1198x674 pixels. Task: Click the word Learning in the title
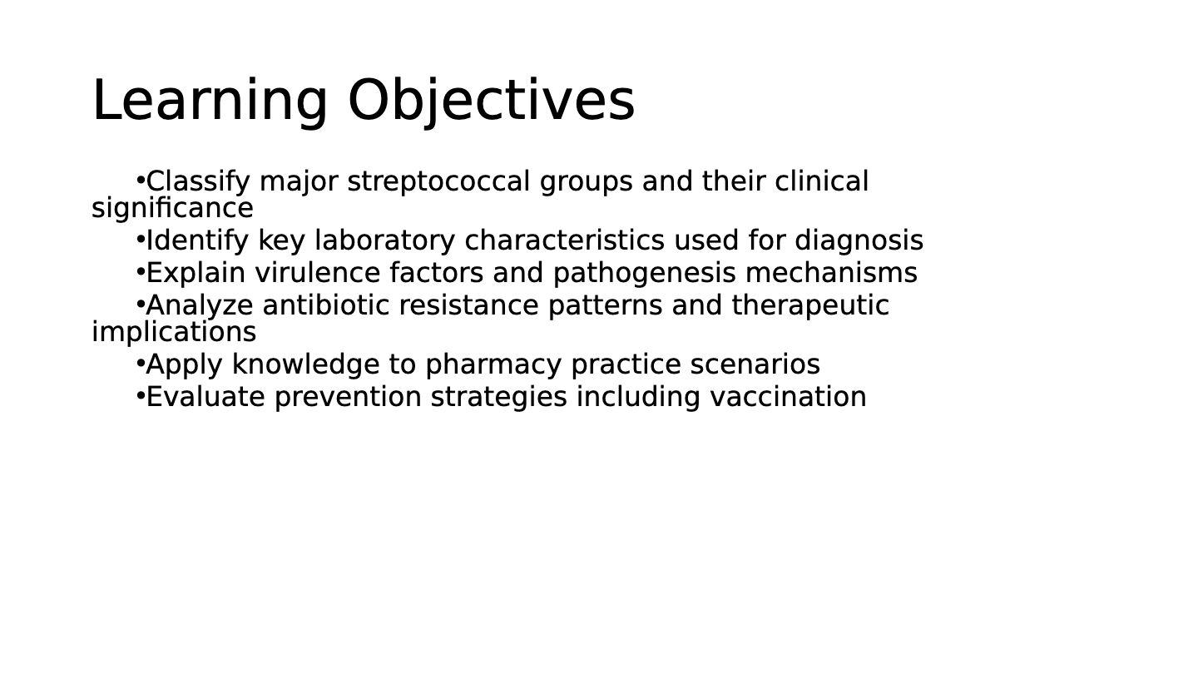pos(210,102)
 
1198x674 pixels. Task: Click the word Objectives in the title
pos(491,102)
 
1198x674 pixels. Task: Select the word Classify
pos(198,182)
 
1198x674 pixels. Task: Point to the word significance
pos(172,209)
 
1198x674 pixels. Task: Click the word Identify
pos(197,241)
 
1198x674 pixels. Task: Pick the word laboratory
pos(384,241)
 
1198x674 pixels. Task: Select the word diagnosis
pos(859,241)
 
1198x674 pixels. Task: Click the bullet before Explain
pos(141,273)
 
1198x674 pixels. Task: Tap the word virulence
pos(317,273)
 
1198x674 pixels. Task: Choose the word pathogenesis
pos(644,274)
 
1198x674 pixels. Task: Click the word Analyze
pos(200,306)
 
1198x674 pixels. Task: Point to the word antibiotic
pos(326,305)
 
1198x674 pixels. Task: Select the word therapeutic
pos(810,306)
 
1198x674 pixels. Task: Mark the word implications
pos(174,333)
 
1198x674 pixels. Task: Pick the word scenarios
pos(755,364)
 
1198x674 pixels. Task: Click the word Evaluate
pos(205,398)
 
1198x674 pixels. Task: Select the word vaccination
pos(788,398)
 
